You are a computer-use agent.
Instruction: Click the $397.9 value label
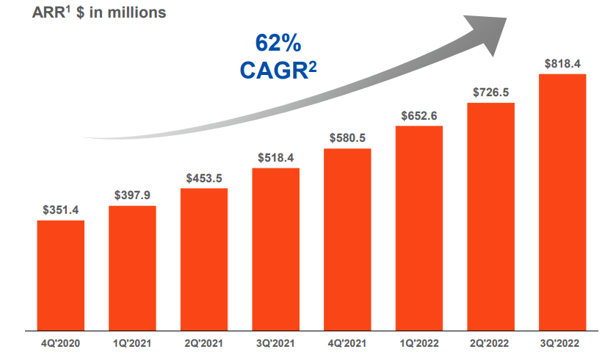coord(132,196)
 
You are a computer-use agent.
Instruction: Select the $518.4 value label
coord(275,158)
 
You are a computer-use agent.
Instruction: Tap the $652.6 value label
coord(419,116)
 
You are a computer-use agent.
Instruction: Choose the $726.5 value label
coord(490,93)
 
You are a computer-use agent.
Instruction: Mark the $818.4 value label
coord(562,63)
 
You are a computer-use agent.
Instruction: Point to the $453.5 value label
coord(204,179)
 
